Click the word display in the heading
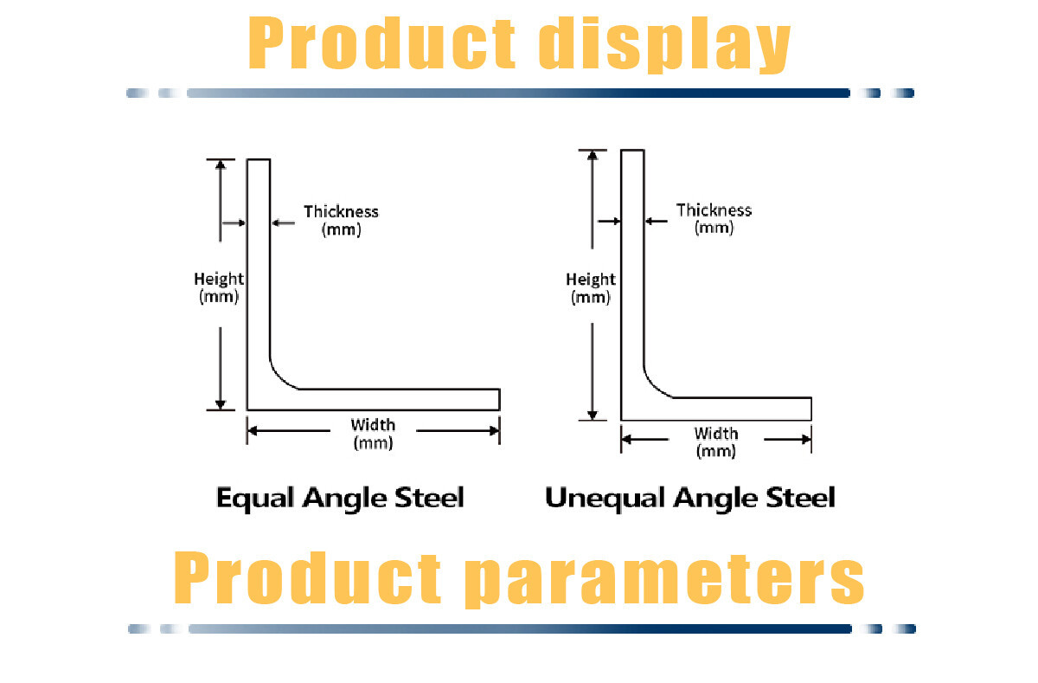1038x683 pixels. (x=664, y=44)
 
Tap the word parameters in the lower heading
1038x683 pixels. (x=664, y=580)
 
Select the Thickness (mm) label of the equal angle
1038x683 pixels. (x=341, y=220)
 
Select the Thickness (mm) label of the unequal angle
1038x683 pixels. (x=714, y=219)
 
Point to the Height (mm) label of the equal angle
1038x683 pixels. (x=219, y=287)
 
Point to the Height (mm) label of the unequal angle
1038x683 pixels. (x=590, y=288)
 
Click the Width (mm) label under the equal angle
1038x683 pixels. (x=373, y=434)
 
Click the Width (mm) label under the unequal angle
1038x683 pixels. (x=716, y=442)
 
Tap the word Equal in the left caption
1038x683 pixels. (x=255, y=499)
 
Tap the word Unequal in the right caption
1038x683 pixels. (x=605, y=499)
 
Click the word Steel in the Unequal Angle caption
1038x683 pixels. (x=800, y=497)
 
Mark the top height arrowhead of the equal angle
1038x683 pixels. (x=221, y=164)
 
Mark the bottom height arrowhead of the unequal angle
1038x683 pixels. (x=593, y=415)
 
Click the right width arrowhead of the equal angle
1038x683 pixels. (x=495, y=431)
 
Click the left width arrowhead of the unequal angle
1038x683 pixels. (x=626, y=439)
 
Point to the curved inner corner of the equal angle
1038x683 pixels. (x=280, y=378)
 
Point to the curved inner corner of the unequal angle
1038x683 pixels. (x=654, y=386)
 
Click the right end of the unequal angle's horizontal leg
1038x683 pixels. (x=811, y=409)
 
